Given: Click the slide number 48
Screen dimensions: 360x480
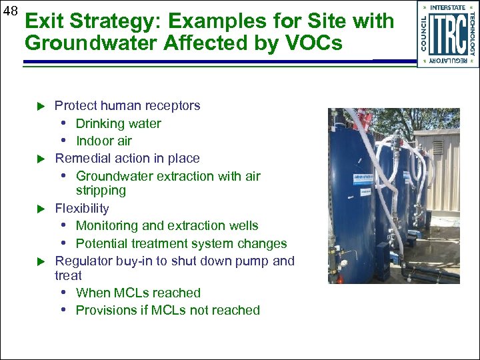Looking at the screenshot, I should [9, 11].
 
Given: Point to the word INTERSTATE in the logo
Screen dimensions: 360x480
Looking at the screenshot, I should [448, 7].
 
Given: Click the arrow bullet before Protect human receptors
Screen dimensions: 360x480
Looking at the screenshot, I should [39, 106].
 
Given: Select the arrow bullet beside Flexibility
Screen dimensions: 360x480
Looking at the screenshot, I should [39, 209].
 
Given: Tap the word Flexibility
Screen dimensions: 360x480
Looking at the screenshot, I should [81, 208].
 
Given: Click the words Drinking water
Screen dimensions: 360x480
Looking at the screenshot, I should [118, 123].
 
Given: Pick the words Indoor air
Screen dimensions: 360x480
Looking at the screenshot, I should [104, 141].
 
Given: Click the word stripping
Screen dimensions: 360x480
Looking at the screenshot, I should [101, 191].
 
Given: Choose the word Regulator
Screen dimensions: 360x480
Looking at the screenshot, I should [82, 261].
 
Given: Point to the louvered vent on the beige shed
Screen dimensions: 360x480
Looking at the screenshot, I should [437, 146].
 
